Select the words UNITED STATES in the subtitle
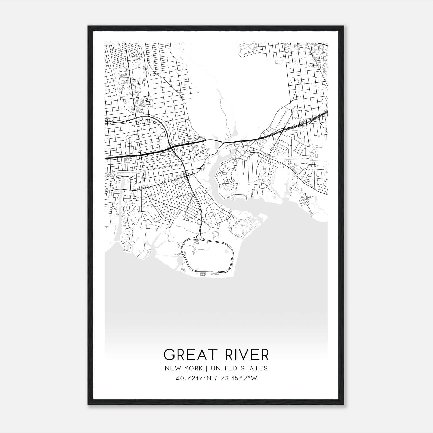pyautogui.click(x=239, y=368)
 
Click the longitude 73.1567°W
pyautogui.click(x=238, y=378)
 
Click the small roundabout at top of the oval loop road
pyautogui.click(x=199, y=237)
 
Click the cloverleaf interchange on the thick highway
pyautogui.click(x=171, y=148)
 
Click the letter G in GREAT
pyautogui.click(x=169, y=355)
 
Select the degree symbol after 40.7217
pyautogui.click(x=204, y=377)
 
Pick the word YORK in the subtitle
pyautogui.click(x=195, y=368)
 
